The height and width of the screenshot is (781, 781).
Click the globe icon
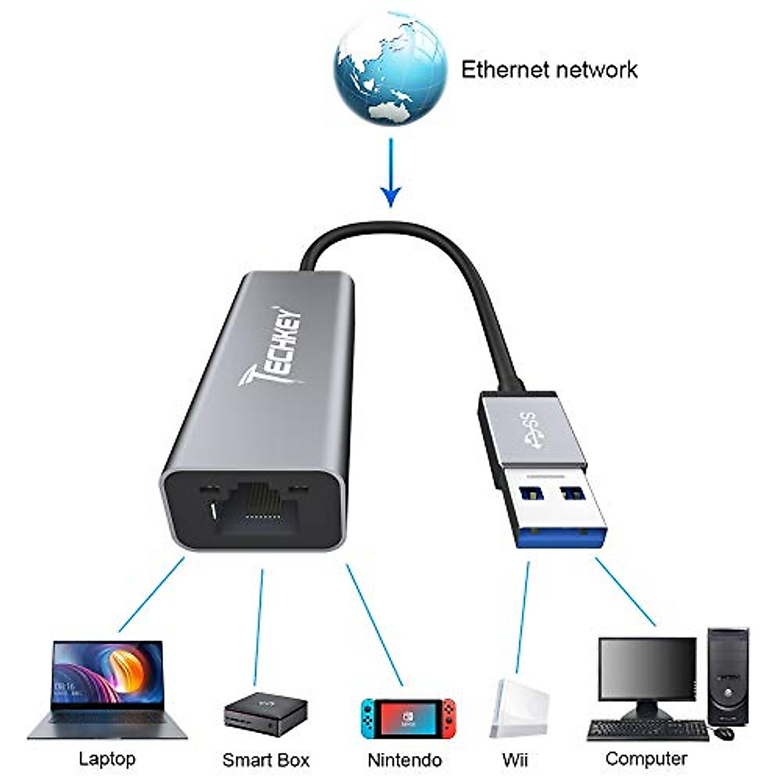pyautogui.click(x=390, y=68)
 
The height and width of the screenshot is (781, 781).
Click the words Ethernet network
pyautogui.click(x=549, y=70)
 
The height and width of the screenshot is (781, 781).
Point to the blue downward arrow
pyautogui.click(x=390, y=172)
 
